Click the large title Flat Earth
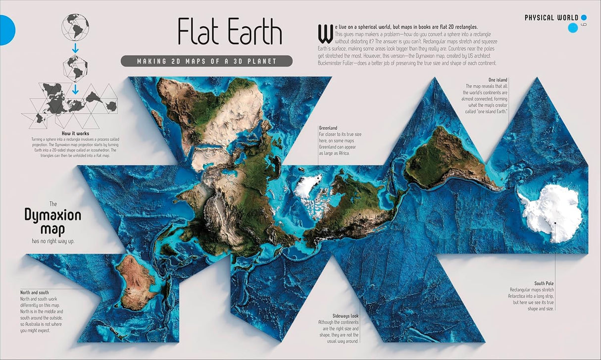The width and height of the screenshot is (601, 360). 230,33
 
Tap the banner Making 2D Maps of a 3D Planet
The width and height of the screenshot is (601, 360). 206,61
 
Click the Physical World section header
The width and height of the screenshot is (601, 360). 551,18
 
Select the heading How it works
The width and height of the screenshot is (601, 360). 75,134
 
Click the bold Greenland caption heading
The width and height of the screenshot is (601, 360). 329,128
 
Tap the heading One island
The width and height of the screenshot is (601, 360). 498,80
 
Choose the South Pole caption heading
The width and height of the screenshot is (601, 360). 544,284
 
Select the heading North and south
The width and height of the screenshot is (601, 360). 35,293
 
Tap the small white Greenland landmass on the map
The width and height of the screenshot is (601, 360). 307,187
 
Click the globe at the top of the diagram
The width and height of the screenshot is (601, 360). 75,27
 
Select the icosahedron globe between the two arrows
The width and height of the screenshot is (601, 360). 75,66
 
